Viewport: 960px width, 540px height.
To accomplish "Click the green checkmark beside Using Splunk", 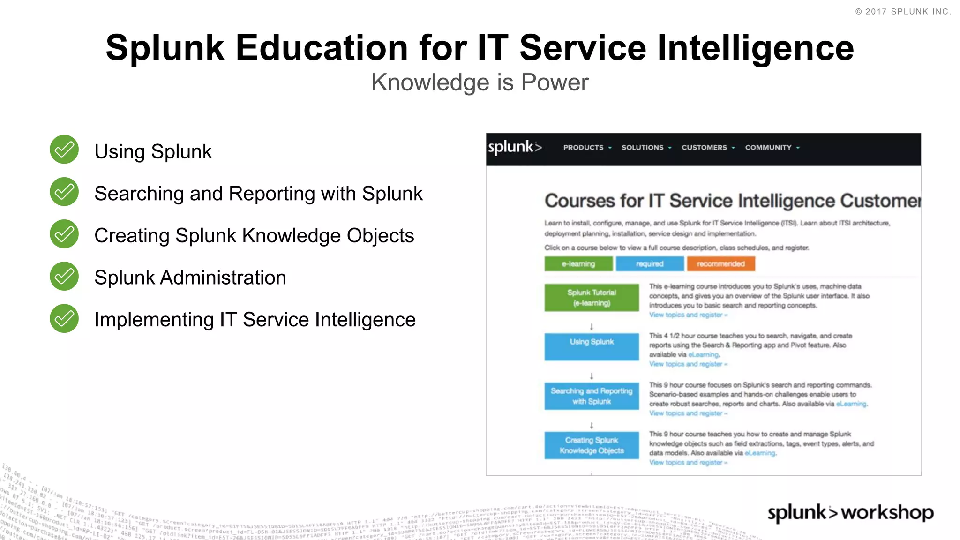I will tap(64, 150).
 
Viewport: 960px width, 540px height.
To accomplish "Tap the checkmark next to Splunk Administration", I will tap(64, 276).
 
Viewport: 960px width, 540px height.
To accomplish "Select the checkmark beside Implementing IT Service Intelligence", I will tap(64, 318).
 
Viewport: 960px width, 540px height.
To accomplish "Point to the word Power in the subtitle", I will tap(555, 82).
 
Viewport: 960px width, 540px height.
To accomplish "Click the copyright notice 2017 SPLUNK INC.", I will tap(903, 12).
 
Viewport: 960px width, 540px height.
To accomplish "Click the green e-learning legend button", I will tap(578, 264).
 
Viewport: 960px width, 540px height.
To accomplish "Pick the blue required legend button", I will tap(650, 264).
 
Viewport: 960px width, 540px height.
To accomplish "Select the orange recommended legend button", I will tap(721, 264).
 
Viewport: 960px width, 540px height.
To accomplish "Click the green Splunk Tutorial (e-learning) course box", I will tap(592, 298).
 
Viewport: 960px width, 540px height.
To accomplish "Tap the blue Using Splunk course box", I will tap(592, 346).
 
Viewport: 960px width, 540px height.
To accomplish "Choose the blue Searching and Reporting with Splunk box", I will tap(592, 396).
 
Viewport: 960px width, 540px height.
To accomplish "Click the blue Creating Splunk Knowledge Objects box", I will tap(592, 445).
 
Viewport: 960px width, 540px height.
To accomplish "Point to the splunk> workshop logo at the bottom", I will tap(850, 512).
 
